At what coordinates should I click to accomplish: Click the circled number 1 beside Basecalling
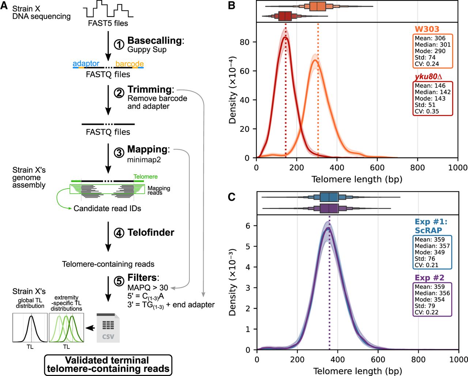119,45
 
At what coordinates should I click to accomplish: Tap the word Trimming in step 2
150,90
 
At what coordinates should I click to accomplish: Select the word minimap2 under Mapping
144,160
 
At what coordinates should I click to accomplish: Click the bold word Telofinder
151,232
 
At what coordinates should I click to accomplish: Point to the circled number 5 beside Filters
119,281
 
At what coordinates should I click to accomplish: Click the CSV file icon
108,328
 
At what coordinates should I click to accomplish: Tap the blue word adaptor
86,63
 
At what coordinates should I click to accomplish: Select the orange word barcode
129,64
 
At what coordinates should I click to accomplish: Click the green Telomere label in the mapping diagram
146,176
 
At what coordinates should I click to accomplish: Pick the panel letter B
231,5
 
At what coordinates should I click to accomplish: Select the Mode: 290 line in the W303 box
430,51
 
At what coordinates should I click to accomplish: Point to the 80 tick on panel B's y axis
245,42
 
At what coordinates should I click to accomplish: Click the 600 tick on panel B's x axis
377,168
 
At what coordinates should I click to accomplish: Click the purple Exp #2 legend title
426,278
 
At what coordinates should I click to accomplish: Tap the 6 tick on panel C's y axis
248,226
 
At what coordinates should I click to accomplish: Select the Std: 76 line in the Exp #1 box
425,258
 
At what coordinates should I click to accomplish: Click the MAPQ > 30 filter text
148,288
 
